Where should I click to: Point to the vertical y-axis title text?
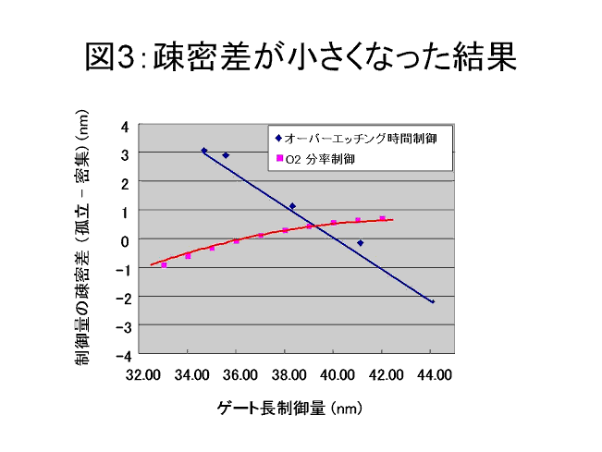tap(82, 239)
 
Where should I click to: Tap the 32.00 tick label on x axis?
tap(140, 374)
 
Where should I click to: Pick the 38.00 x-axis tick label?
tap(286, 374)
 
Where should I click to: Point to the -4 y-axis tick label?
tap(122, 355)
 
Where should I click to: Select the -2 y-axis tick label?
tap(122, 298)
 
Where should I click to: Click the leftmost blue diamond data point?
tap(204, 151)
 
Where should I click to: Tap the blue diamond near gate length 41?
tap(360, 243)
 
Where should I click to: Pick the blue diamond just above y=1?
tap(292, 206)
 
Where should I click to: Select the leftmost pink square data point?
tap(164, 265)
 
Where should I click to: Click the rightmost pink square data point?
tap(382, 218)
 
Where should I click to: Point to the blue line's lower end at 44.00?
tap(432, 302)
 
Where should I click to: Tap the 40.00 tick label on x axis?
tap(335, 374)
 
